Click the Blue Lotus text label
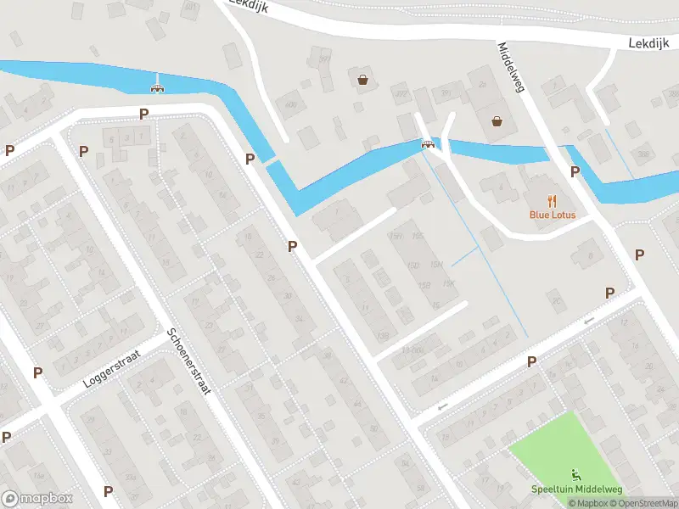point(553,215)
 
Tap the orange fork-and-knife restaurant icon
point(553,200)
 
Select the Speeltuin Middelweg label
point(576,489)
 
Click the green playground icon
point(576,474)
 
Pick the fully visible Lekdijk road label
point(648,41)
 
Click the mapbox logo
point(37,499)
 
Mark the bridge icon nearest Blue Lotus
point(429,144)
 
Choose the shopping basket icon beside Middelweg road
point(497,121)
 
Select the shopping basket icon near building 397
point(363,80)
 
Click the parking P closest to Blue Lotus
point(575,171)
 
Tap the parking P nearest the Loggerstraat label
point(37,372)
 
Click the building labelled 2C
point(557,300)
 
